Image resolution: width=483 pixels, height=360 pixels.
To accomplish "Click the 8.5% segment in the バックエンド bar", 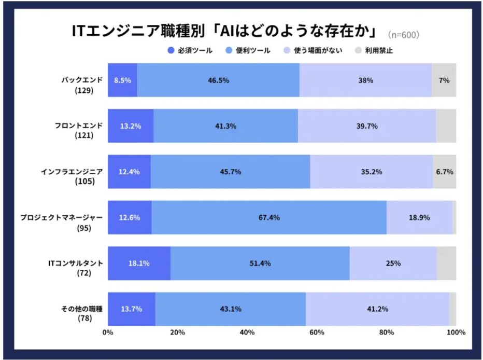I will pos(122,80).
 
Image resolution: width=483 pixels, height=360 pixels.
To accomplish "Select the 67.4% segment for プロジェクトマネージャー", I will pos(269,217).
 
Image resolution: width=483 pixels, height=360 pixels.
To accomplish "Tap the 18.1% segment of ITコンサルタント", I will pos(139,263).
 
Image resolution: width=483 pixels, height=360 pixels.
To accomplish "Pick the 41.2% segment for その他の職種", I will pos(377,309).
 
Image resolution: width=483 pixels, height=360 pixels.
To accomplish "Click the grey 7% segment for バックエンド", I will pos(444,80).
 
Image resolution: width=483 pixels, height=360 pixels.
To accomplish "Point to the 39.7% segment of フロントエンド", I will pos(366,126).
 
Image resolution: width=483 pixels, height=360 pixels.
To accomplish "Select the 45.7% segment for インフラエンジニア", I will pos(230,172).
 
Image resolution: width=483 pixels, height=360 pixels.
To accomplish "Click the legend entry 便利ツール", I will pos(248,50).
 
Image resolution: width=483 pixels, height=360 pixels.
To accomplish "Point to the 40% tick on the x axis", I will pos(247,332).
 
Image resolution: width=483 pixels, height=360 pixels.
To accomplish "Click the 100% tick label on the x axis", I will pos(455,332).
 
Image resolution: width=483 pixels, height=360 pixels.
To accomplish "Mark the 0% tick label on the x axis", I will pos(108,332).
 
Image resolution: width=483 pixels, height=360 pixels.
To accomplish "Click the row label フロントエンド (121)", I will pos(79,130).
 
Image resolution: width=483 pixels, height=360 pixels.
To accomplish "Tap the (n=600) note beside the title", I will pos(404,35).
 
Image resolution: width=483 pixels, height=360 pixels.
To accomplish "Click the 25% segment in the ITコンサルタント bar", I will pos(393,263).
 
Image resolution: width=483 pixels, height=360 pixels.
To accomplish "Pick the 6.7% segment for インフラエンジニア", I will pos(444,172).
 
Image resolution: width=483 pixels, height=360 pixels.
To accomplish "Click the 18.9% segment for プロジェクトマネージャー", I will pos(419,217).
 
